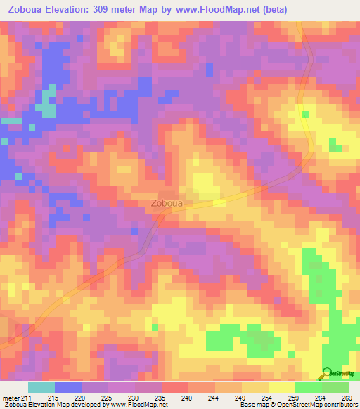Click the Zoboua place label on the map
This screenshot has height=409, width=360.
[167, 204]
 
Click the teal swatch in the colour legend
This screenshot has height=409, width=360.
[41, 388]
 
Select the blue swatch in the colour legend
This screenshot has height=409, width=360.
[68, 388]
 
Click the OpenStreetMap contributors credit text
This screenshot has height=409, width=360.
[316, 405]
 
